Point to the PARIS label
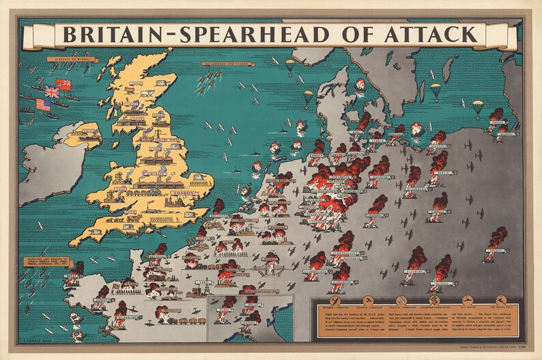203,281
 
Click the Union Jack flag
52,91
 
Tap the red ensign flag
64,85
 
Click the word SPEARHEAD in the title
253,34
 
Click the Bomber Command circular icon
334,300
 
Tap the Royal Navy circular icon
501,300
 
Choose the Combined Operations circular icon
433,300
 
